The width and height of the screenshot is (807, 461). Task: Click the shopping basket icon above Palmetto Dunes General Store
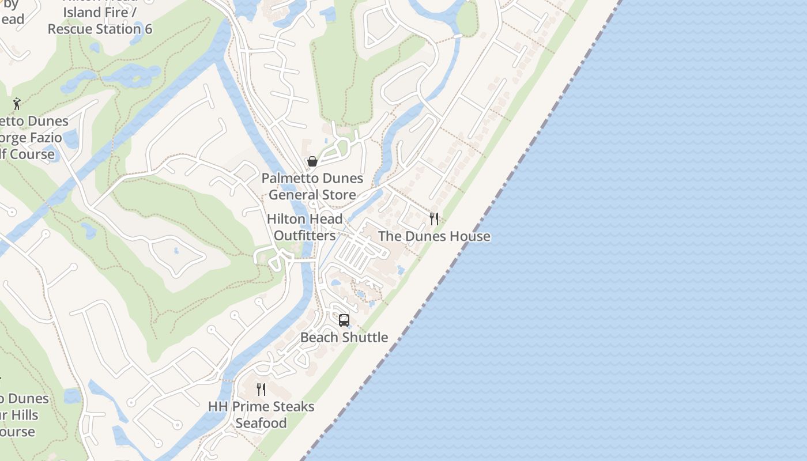pos(312,161)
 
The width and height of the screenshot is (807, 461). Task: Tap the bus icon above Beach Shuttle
pos(344,320)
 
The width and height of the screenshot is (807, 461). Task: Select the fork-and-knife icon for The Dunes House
pos(434,219)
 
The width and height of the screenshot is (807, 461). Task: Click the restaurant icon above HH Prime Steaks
pos(261,390)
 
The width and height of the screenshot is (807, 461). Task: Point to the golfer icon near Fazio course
pos(17,104)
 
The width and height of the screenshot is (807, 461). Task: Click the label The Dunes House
pos(434,236)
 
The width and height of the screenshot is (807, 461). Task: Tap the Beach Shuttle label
pos(344,337)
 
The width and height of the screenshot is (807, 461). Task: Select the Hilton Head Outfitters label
pos(304,227)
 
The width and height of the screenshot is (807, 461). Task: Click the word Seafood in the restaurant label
pos(261,423)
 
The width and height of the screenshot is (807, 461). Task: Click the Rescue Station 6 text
pos(100,29)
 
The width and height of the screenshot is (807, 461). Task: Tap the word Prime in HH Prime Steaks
pos(253,406)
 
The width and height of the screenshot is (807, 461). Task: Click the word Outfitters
pos(304,236)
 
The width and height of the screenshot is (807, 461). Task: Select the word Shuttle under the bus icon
pos(367,337)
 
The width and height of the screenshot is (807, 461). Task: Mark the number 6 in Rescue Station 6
pos(149,29)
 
